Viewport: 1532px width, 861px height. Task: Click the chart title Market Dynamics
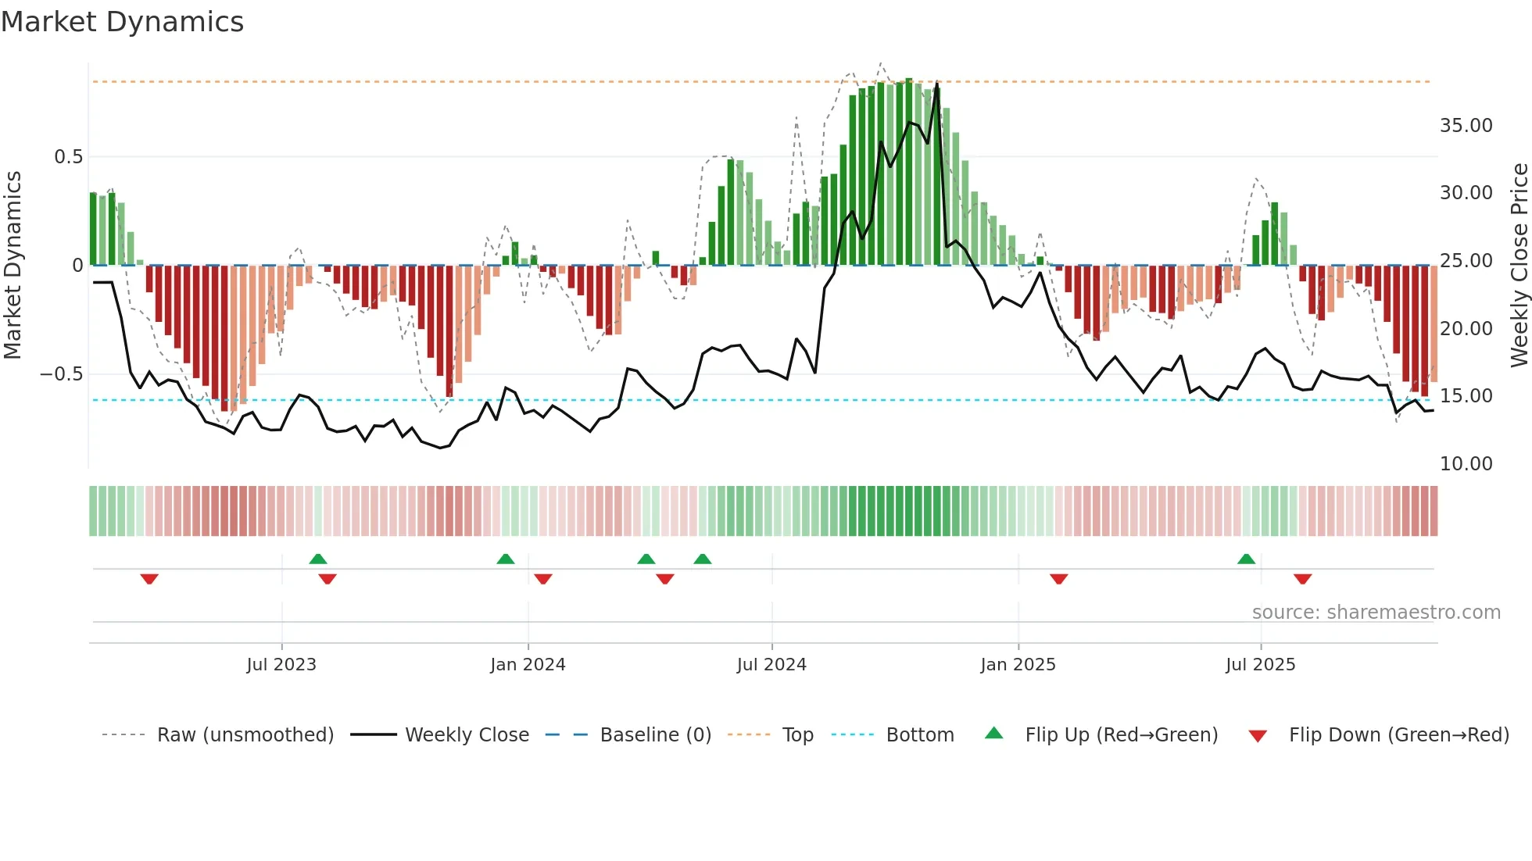click(x=122, y=22)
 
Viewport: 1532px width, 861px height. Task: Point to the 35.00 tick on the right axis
click(x=1466, y=126)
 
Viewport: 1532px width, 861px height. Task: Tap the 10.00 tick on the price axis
click(x=1466, y=464)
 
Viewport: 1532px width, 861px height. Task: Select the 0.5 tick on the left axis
click(x=68, y=157)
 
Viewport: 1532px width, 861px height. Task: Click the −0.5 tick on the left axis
click(x=61, y=374)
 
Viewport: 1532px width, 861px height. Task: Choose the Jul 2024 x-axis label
click(x=771, y=665)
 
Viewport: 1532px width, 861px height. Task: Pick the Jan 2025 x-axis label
click(x=1018, y=665)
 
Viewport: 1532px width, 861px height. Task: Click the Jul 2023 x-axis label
click(x=281, y=665)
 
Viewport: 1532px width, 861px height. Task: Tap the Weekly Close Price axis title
click(x=1519, y=265)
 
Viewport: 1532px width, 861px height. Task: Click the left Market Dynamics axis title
click(x=13, y=265)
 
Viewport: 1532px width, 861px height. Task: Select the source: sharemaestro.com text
click(x=1376, y=613)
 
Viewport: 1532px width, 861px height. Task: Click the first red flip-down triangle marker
click(x=149, y=579)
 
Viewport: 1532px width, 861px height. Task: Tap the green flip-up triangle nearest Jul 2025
click(x=1246, y=559)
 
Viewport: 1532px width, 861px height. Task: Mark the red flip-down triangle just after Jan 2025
click(x=1058, y=579)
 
